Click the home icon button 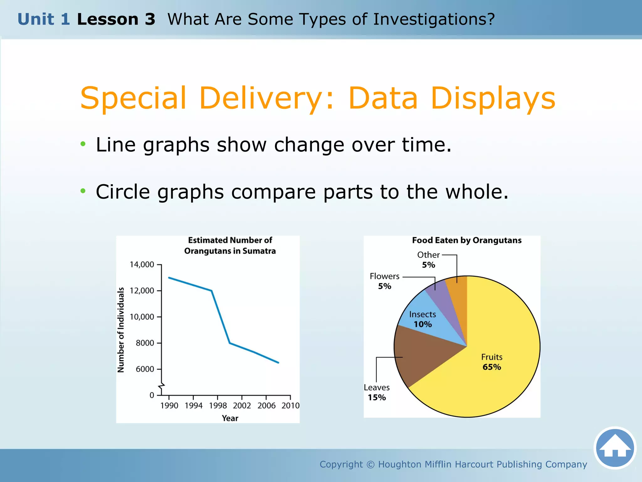[615, 448]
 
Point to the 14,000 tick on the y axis [159, 265]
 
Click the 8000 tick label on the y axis [145, 343]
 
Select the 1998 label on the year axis [218, 406]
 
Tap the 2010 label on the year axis [290, 406]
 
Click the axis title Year [230, 418]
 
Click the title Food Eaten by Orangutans [466, 240]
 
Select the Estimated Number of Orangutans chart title [230, 245]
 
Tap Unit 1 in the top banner [44, 19]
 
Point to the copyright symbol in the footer [370, 464]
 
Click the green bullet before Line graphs [83, 144]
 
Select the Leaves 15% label [377, 393]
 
